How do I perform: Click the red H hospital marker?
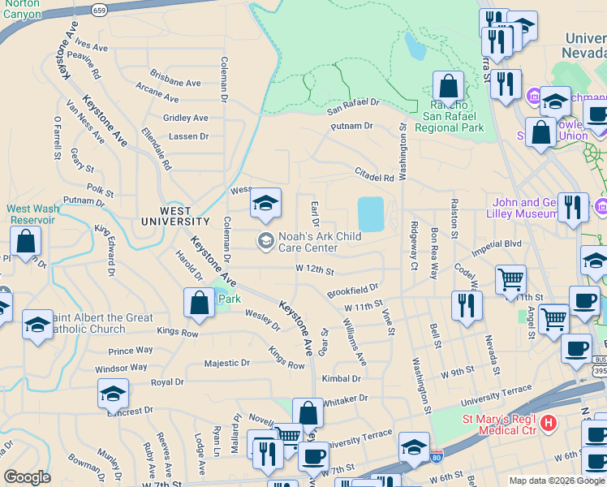[549, 423]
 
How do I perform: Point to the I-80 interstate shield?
[437, 459]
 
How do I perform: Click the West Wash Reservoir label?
[33, 214]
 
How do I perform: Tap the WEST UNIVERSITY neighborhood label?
[174, 216]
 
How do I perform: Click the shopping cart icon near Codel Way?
[510, 280]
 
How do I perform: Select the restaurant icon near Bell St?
[466, 305]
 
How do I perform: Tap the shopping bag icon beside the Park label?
[200, 302]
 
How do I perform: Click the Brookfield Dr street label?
[353, 289]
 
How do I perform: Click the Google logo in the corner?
[28, 477]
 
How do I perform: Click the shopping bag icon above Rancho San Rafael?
[448, 85]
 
